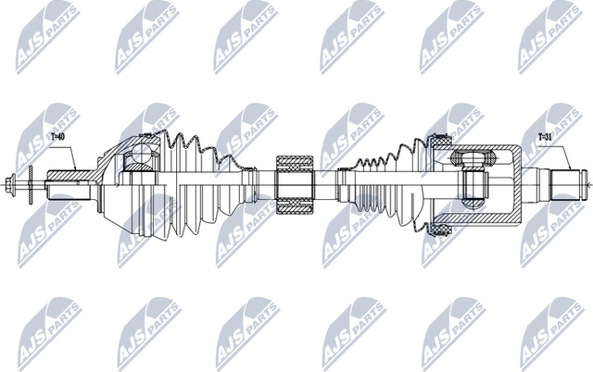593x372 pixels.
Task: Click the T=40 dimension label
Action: [57, 137]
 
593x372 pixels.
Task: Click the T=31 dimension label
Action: [545, 137]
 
